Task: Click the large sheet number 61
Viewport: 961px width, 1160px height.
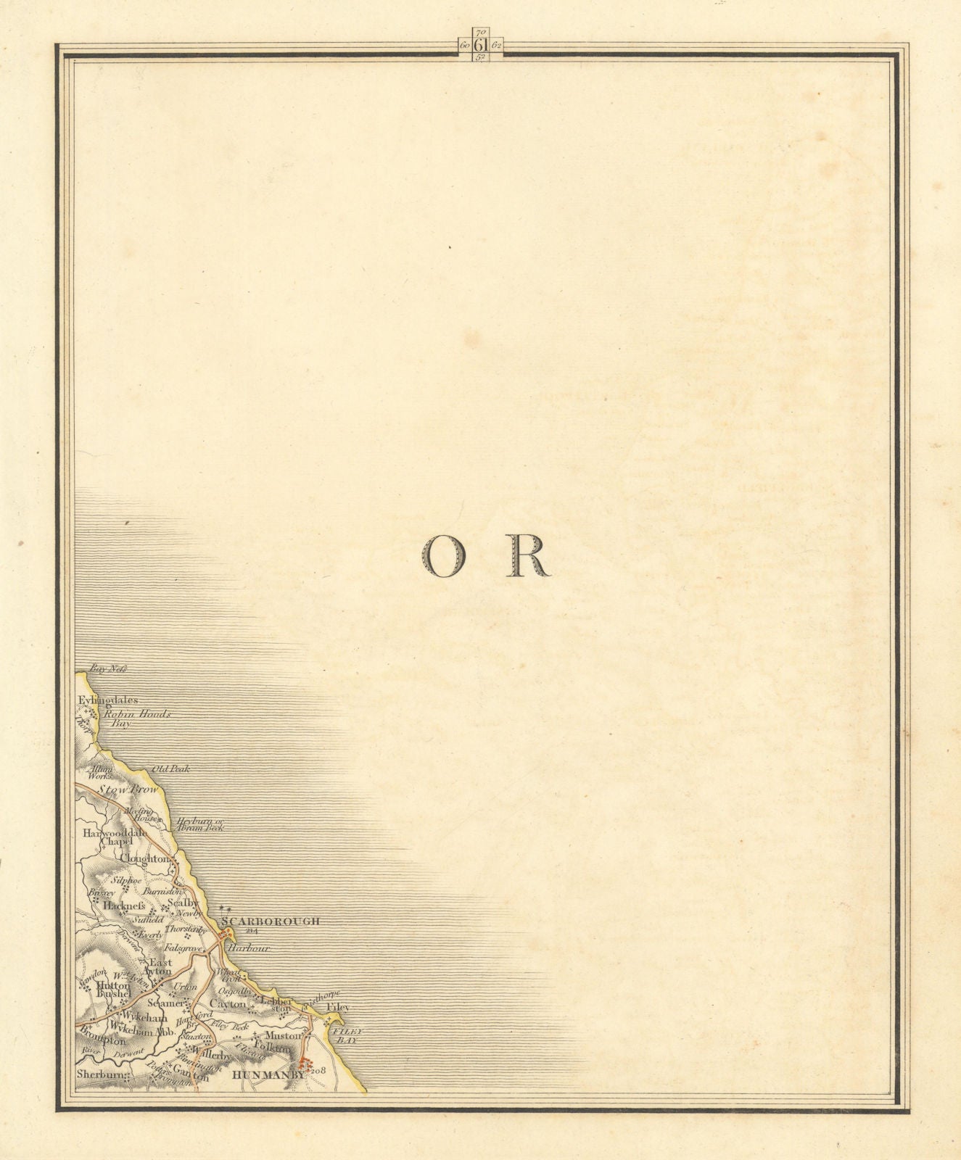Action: (x=480, y=46)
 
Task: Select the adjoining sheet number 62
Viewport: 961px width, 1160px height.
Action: (x=497, y=46)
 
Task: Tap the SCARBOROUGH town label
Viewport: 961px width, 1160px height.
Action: (x=271, y=921)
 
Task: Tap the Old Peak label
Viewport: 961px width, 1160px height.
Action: (x=170, y=768)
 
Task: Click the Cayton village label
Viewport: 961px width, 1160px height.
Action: (x=228, y=1003)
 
